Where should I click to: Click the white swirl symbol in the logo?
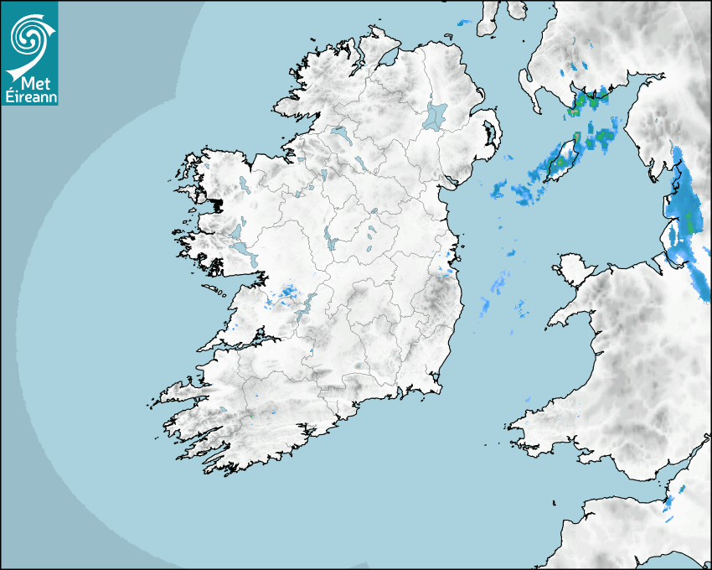pos(28,36)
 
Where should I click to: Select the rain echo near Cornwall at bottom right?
pos(669,502)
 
